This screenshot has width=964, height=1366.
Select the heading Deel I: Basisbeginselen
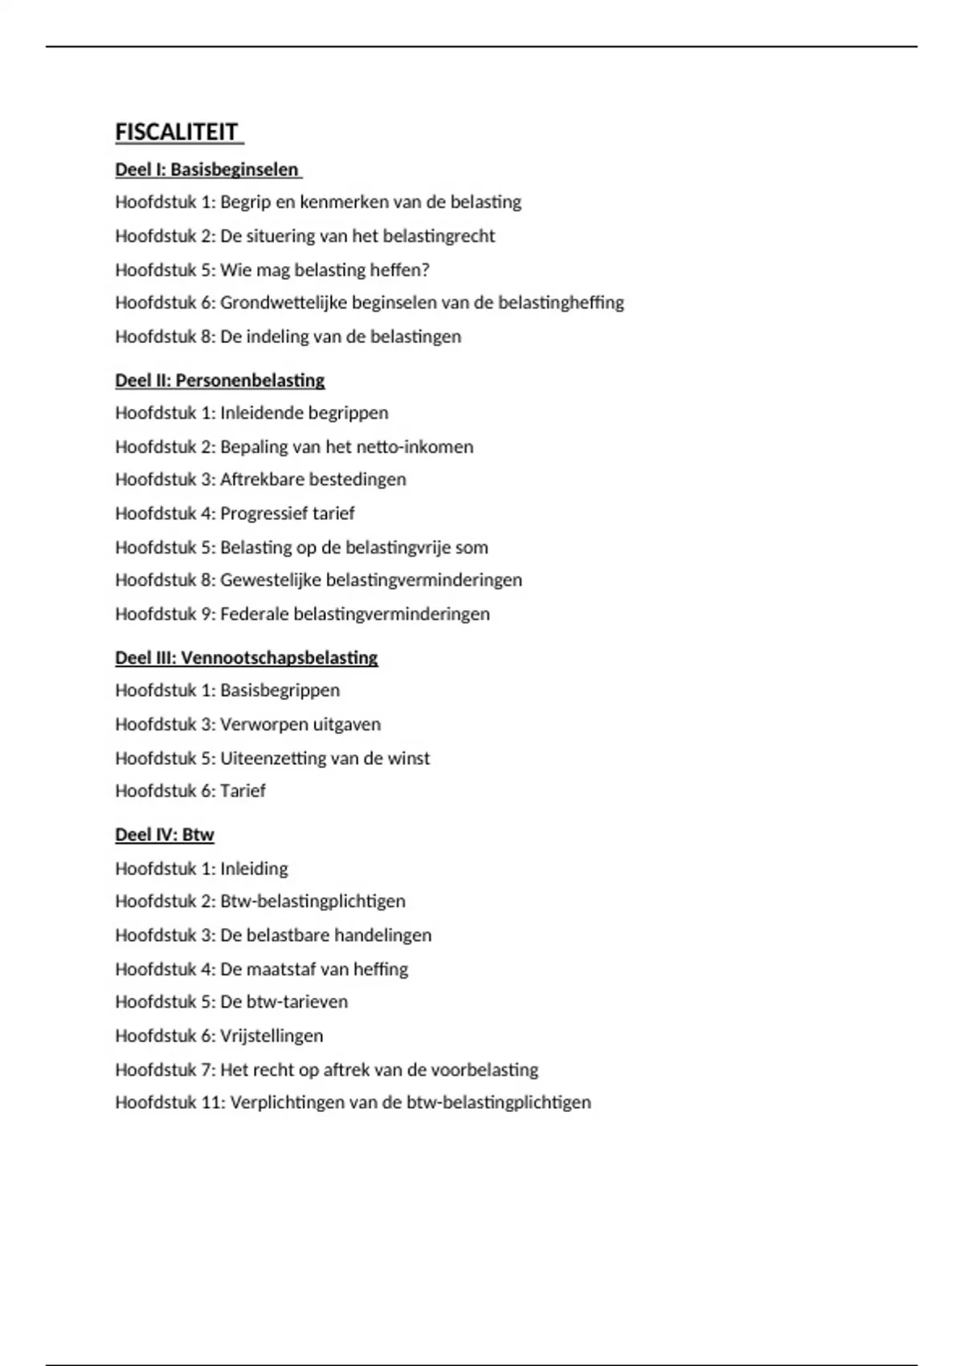coord(207,170)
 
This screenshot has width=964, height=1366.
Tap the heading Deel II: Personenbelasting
coord(219,380)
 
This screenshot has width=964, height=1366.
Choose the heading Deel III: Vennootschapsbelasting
coord(246,657)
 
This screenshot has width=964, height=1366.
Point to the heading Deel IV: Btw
coord(164,835)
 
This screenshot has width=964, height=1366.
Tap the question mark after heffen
coord(426,270)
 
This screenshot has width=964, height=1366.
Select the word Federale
coord(254,614)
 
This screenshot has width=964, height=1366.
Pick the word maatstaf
coord(281,969)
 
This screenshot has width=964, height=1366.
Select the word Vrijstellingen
coord(272,1036)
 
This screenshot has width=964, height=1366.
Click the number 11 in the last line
coord(211,1102)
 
